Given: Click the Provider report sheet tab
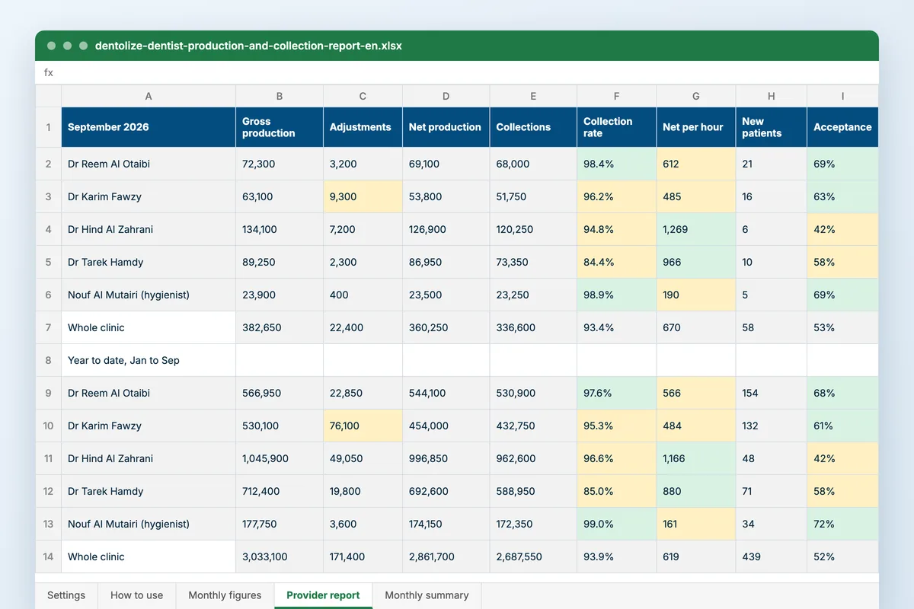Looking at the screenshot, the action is [323, 595].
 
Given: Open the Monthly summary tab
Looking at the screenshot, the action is [427, 595].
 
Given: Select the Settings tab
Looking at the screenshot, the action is [66, 595].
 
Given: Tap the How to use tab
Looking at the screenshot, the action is [136, 595].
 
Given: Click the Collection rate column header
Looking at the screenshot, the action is [616, 127].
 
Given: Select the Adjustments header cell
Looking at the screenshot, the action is [363, 127].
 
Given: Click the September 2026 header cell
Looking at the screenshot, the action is [149, 127].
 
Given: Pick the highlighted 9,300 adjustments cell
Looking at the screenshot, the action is [363, 196].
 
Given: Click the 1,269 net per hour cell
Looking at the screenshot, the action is [695, 229].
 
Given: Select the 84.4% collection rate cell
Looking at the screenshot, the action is [616, 262].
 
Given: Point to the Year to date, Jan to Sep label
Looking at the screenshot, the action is [123, 360].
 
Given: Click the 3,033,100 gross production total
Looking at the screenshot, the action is [279, 556].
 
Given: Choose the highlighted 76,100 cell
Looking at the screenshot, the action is [363, 426].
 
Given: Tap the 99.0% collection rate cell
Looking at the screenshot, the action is [616, 524].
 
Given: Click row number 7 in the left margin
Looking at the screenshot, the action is [48, 327].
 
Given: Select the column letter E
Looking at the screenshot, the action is [533, 96].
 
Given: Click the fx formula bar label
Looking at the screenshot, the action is [49, 72].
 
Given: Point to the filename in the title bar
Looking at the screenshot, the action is [248, 46].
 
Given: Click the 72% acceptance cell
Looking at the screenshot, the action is [842, 524].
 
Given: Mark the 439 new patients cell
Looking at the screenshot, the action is [771, 556].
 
